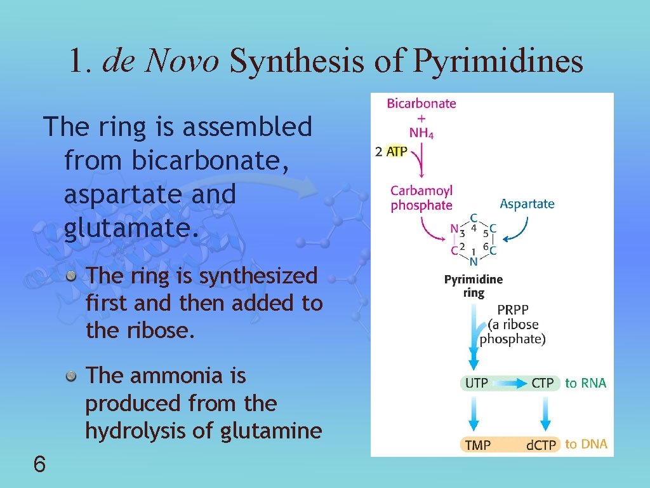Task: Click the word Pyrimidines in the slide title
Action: pyautogui.click(x=498, y=62)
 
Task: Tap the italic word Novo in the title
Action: pyautogui.click(x=182, y=62)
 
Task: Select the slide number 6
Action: pyautogui.click(x=39, y=465)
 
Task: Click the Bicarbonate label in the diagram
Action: pyautogui.click(x=421, y=103)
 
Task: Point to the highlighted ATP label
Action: pyautogui.click(x=397, y=152)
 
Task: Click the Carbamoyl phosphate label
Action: pyautogui.click(x=421, y=198)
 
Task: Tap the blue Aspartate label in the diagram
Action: pyautogui.click(x=527, y=204)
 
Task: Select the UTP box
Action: pyautogui.click(x=477, y=383)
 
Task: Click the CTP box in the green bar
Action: pyautogui.click(x=543, y=383)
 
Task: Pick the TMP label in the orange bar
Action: pyautogui.click(x=478, y=445)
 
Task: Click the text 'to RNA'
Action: pyautogui.click(x=585, y=383)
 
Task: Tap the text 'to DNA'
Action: pyautogui.click(x=585, y=444)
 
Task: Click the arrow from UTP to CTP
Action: pyautogui.click(x=510, y=383)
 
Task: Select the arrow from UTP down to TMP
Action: pyautogui.click(x=474, y=413)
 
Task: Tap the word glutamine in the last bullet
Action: pyautogui.click(x=271, y=431)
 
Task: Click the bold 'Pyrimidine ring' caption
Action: pyautogui.click(x=474, y=286)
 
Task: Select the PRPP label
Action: pyautogui.click(x=512, y=311)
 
